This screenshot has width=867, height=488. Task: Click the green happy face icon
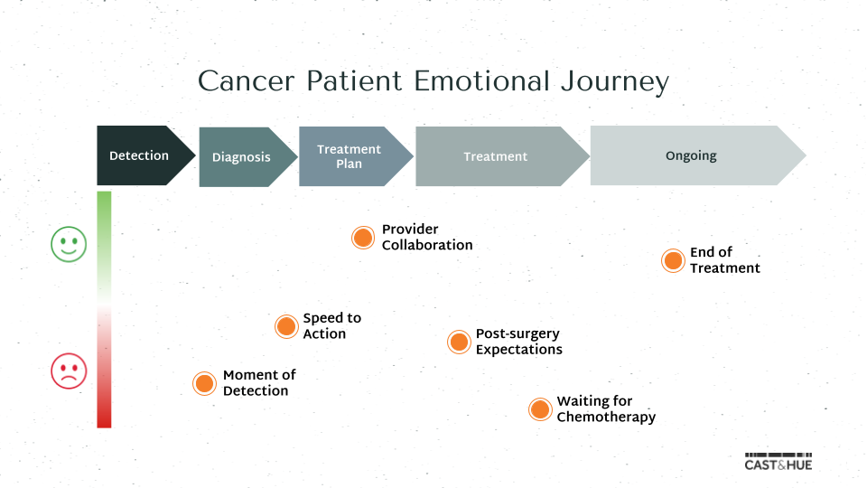tap(69, 244)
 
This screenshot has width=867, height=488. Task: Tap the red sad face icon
tap(69, 371)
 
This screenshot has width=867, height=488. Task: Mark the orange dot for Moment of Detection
tap(205, 383)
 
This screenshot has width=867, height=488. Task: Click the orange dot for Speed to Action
tap(286, 326)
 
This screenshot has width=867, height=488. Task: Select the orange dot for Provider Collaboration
tap(363, 238)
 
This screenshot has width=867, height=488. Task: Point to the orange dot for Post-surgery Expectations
tap(460, 342)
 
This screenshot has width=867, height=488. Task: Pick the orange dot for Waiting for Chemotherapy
tap(540, 409)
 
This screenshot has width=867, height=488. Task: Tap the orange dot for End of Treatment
tap(673, 261)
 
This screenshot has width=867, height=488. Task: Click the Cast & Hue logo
tap(778, 462)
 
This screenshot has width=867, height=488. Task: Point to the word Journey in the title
tap(614, 81)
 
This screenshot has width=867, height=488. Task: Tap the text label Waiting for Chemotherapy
tap(605, 409)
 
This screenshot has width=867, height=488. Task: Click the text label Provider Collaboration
tap(426, 238)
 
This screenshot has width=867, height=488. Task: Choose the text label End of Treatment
tap(724, 260)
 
